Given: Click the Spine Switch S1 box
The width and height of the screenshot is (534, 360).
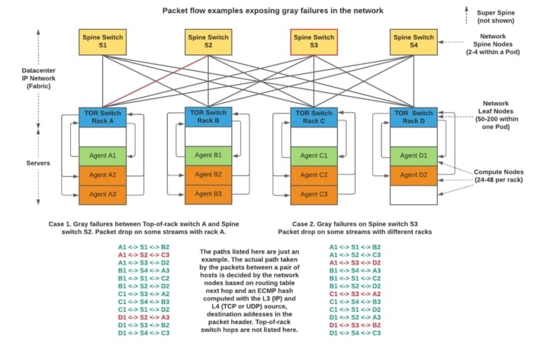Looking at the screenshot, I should coord(102,41).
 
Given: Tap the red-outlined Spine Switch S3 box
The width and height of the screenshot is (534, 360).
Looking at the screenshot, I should coord(313,41).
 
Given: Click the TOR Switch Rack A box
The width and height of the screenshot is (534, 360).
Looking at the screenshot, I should coord(102,117).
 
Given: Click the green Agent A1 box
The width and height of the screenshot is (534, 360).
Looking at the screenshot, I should coord(102,156).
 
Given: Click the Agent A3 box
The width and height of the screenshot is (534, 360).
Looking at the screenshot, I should coord(102,194).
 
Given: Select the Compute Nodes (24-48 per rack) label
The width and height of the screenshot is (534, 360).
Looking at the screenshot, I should coord(496,177).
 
